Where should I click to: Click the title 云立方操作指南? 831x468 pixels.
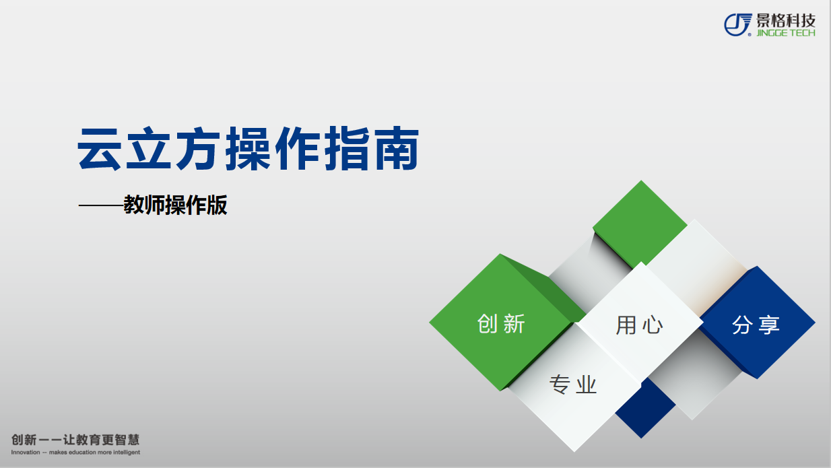pyautogui.click(x=248, y=149)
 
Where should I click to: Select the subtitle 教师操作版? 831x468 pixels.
pyautogui.click(x=175, y=205)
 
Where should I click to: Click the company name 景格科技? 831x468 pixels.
pyautogui.click(x=786, y=21)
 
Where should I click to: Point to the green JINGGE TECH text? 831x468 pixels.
pyautogui.click(x=786, y=33)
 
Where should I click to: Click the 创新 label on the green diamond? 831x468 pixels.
pyautogui.click(x=501, y=324)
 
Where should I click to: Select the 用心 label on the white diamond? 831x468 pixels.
pyautogui.click(x=639, y=325)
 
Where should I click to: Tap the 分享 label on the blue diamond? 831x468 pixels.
pyautogui.click(x=756, y=325)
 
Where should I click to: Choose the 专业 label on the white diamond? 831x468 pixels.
pyautogui.click(x=573, y=385)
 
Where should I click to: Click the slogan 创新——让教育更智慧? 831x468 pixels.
pyautogui.click(x=75, y=440)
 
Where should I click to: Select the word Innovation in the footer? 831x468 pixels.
pyautogui.click(x=25, y=453)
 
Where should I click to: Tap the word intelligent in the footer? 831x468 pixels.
pyautogui.click(x=127, y=453)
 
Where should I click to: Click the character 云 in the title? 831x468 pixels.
pyautogui.click(x=100, y=149)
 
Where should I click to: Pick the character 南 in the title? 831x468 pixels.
pyautogui.click(x=397, y=149)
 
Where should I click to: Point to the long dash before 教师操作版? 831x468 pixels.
pyautogui.click(x=101, y=205)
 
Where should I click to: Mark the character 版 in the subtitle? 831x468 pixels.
pyautogui.click(x=217, y=205)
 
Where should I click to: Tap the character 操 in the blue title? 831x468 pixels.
pyautogui.click(x=248, y=149)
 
